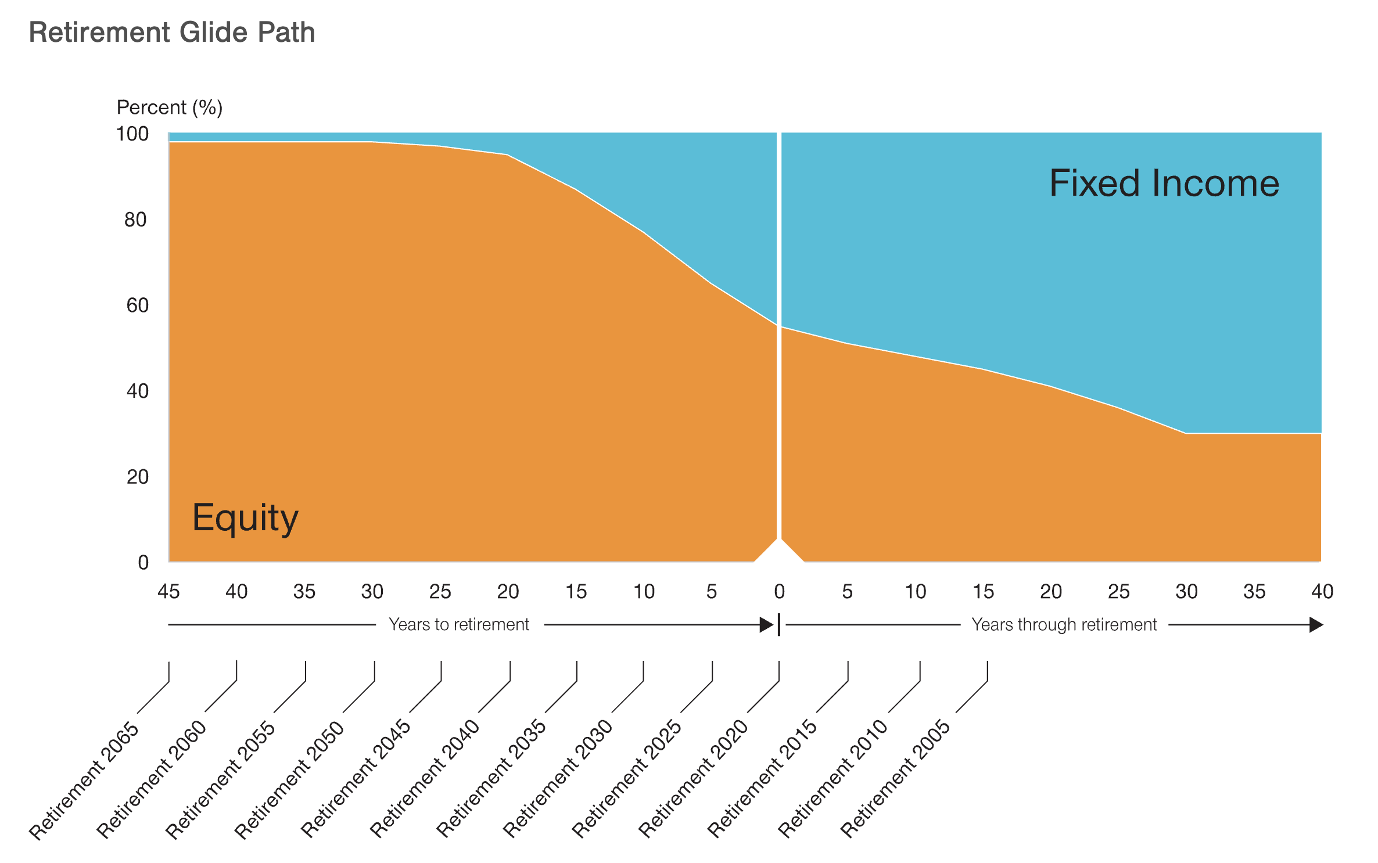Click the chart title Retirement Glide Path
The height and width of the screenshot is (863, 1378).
(x=172, y=33)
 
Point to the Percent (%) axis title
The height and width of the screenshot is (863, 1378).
(x=170, y=107)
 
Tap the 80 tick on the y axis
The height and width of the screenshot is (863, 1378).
(x=135, y=220)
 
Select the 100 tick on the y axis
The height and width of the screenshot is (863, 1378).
(x=132, y=134)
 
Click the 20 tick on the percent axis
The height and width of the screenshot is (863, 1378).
(x=138, y=477)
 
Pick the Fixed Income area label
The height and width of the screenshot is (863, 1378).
(x=1164, y=184)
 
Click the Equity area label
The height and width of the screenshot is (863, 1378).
(x=245, y=517)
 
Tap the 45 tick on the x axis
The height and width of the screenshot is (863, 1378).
(x=169, y=592)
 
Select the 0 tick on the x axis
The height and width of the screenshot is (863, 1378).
(x=780, y=592)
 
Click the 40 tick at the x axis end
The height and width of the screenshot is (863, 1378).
(x=1322, y=592)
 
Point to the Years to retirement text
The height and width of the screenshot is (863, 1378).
(x=459, y=625)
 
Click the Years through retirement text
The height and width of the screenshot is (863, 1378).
(x=1064, y=625)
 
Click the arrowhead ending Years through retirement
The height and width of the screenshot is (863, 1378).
(x=1316, y=625)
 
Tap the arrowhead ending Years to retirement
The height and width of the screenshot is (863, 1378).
(x=766, y=625)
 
